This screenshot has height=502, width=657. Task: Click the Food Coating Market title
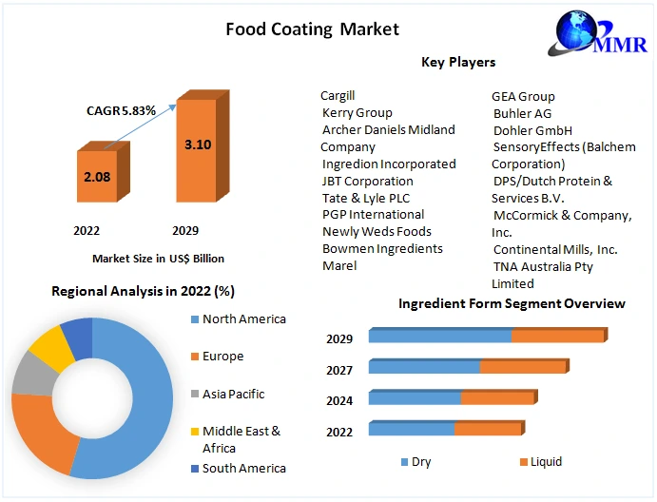(x=312, y=29)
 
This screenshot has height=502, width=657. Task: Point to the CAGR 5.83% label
(x=121, y=110)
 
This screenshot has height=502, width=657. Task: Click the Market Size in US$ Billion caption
(x=158, y=258)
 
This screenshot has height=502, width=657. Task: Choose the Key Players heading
(x=458, y=63)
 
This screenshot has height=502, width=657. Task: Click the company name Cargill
(x=338, y=96)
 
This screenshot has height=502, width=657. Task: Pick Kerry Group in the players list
(x=357, y=113)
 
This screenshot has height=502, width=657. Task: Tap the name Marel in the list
(x=339, y=265)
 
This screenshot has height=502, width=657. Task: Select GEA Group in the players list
(x=523, y=96)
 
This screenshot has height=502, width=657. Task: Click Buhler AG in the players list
(x=522, y=113)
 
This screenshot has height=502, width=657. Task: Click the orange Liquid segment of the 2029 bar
(x=557, y=336)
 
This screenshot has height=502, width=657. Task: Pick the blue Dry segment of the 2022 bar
(x=411, y=429)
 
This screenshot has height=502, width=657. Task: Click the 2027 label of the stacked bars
(x=339, y=370)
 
